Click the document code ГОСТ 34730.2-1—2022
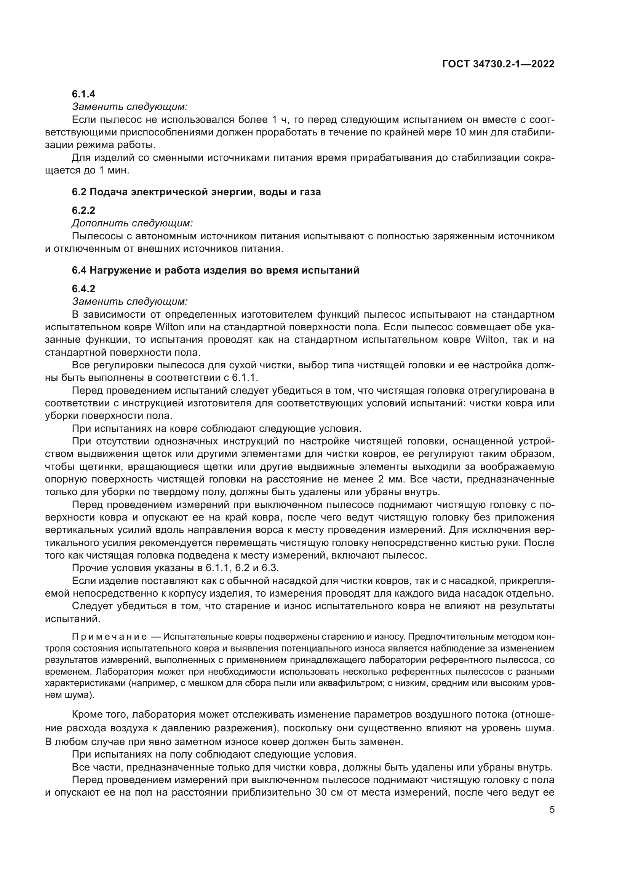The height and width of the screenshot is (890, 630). point(498,64)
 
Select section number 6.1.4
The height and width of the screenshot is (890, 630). point(83,94)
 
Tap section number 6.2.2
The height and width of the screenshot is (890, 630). point(83,210)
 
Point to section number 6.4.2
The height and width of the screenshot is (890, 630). point(83,289)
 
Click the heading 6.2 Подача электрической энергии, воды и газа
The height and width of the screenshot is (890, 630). point(196,192)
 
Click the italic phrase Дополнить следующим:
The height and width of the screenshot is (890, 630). point(132,223)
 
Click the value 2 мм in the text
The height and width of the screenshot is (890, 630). point(390,479)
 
